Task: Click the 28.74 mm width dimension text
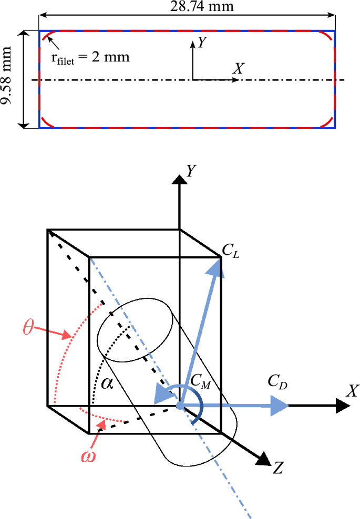click(187, 7)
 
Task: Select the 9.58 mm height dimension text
click(7, 78)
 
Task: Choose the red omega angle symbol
click(88, 455)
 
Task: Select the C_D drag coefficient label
click(277, 382)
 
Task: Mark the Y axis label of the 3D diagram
click(190, 169)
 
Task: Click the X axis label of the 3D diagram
click(352, 391)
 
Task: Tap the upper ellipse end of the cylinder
click(136, 331)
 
